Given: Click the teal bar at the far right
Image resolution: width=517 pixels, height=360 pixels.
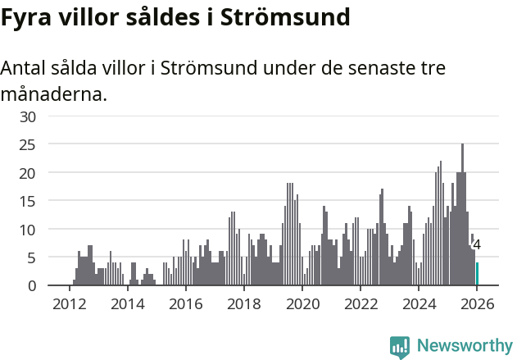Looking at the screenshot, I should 477,274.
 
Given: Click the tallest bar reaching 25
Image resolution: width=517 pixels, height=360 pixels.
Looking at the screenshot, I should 462,215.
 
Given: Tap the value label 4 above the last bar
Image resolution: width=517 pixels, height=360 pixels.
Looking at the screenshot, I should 477,244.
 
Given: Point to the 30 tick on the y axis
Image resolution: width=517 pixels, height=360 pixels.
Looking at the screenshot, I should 29,116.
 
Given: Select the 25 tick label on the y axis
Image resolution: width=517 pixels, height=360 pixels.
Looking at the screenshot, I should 29,145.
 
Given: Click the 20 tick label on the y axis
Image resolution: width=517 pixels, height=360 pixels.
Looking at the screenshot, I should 29,173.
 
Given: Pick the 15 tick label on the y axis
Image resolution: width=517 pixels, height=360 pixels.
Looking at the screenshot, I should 29,202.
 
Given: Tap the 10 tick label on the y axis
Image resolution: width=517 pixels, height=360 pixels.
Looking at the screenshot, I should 29,230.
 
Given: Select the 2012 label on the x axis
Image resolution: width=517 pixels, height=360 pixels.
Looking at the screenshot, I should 69,304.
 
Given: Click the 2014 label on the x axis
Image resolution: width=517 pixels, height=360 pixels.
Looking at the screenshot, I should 127,304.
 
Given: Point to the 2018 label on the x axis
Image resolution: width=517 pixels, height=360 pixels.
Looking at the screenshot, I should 243,304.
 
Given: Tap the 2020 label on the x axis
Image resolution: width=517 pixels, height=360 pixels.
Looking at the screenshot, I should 302,304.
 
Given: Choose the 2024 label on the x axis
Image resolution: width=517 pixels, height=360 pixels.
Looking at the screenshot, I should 418,304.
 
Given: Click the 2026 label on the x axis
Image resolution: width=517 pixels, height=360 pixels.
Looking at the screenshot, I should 476,304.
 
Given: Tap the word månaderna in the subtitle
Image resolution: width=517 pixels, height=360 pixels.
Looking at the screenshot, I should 53,94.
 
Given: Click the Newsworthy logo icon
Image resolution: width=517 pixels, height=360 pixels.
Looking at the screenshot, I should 400,347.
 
